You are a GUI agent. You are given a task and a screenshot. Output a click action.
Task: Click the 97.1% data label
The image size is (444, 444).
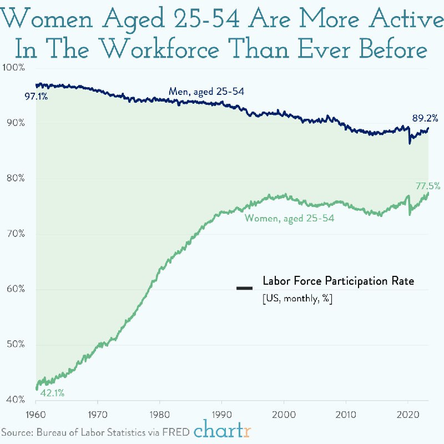tap(36, 97)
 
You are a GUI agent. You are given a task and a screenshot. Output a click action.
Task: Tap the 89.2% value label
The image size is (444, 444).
tap(425, 118)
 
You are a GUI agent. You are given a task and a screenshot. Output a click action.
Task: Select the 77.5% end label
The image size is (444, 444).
tap(428, 186)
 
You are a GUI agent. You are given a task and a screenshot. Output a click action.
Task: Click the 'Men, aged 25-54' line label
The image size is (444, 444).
tap(207, 92)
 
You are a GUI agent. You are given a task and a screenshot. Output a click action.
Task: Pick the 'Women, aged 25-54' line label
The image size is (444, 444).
tap(290, 219)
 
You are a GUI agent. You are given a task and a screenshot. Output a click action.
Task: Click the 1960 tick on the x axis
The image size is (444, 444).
tap(36, 414)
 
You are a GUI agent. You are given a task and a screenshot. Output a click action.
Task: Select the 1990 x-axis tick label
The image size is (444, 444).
tap(222, 414)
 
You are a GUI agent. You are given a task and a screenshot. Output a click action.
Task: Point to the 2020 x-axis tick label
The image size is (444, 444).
tap(408, 414)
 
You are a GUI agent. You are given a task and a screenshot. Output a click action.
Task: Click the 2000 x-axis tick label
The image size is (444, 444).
tap(284, 414)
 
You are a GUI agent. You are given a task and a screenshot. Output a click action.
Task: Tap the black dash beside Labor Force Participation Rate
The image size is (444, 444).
tap(244, 288)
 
